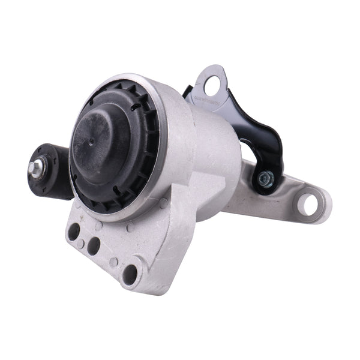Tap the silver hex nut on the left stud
(x=37, y=170)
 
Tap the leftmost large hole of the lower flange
(x=74, y=232)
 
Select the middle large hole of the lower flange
(x=94, y=245)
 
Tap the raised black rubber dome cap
(x=102, y=144)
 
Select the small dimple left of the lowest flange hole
(x=113, y=262)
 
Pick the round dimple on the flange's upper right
(x=163, y=204)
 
